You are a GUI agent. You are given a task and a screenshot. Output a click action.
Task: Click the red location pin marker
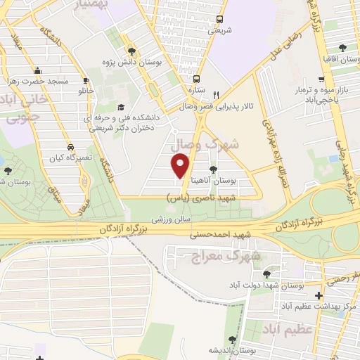click(x=182, y=166)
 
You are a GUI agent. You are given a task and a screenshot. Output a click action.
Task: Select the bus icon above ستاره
click(x=196, y=79)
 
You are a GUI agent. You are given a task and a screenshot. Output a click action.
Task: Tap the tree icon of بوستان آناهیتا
click(x=214, y=169)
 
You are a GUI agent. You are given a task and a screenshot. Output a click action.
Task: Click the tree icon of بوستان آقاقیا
click(x=342, y=48)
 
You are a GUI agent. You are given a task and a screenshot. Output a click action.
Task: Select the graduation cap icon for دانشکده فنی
click(x=120, y=108)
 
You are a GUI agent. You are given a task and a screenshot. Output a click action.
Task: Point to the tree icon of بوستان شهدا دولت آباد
click(x=266, y=274)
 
